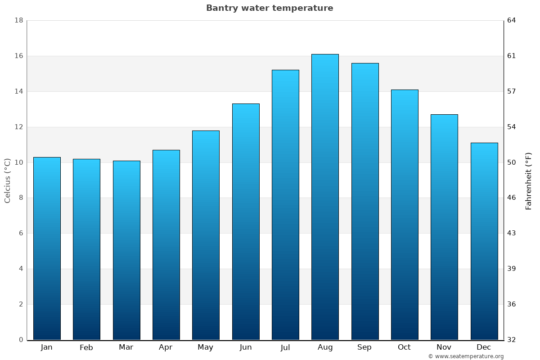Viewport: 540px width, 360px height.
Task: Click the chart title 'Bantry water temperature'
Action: pyautogui.click(x=270, y=8)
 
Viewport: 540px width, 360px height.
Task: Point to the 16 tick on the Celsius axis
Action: pyautogui.click(x=18, y=56)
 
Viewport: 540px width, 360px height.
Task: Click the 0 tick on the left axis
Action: pyautogui.click(x=21, y=340)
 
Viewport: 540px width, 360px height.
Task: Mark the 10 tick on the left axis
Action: pyautogui.click(x=18, y=162)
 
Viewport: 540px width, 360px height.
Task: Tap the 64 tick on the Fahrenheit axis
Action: pyautogui.click(x=512, y=20)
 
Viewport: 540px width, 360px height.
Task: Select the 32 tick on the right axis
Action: pyautogui.click(x=512, y=340)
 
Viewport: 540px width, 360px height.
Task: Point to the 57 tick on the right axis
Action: pyautogui.click(x=512, y=91)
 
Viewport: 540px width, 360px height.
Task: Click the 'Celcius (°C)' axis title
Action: pyautogui.click(x=7, y=180)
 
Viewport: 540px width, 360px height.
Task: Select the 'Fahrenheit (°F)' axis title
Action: pyautogui.click(x=529, y=180)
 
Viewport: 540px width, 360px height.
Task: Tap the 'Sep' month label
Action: pyautogui.click(x=364, y=347)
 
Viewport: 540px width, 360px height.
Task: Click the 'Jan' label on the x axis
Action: pyautogui.click(x=46, y=347)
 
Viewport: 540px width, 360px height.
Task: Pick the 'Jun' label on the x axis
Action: pyautogui.click(x=246, y=347)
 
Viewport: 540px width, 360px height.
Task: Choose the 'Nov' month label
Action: pyautogui.click(x=444, y=347)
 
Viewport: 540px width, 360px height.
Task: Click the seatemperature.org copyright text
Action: pyautogui.click(x=466, y=356)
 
